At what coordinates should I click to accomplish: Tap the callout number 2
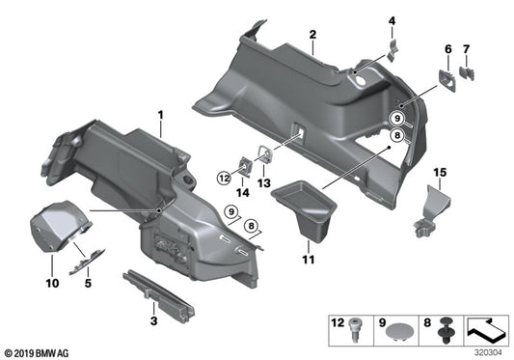(312, 35)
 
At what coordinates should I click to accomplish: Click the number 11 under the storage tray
(308, 260)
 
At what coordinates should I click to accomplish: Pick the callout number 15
(440, 173)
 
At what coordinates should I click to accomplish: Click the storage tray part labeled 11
(304, 212)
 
